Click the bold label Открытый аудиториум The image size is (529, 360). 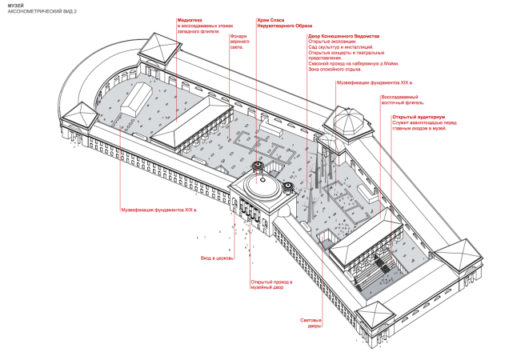click(412, 118)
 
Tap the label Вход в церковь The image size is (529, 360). click(214, 258)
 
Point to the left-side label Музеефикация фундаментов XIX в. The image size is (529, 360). click(158, 210)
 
